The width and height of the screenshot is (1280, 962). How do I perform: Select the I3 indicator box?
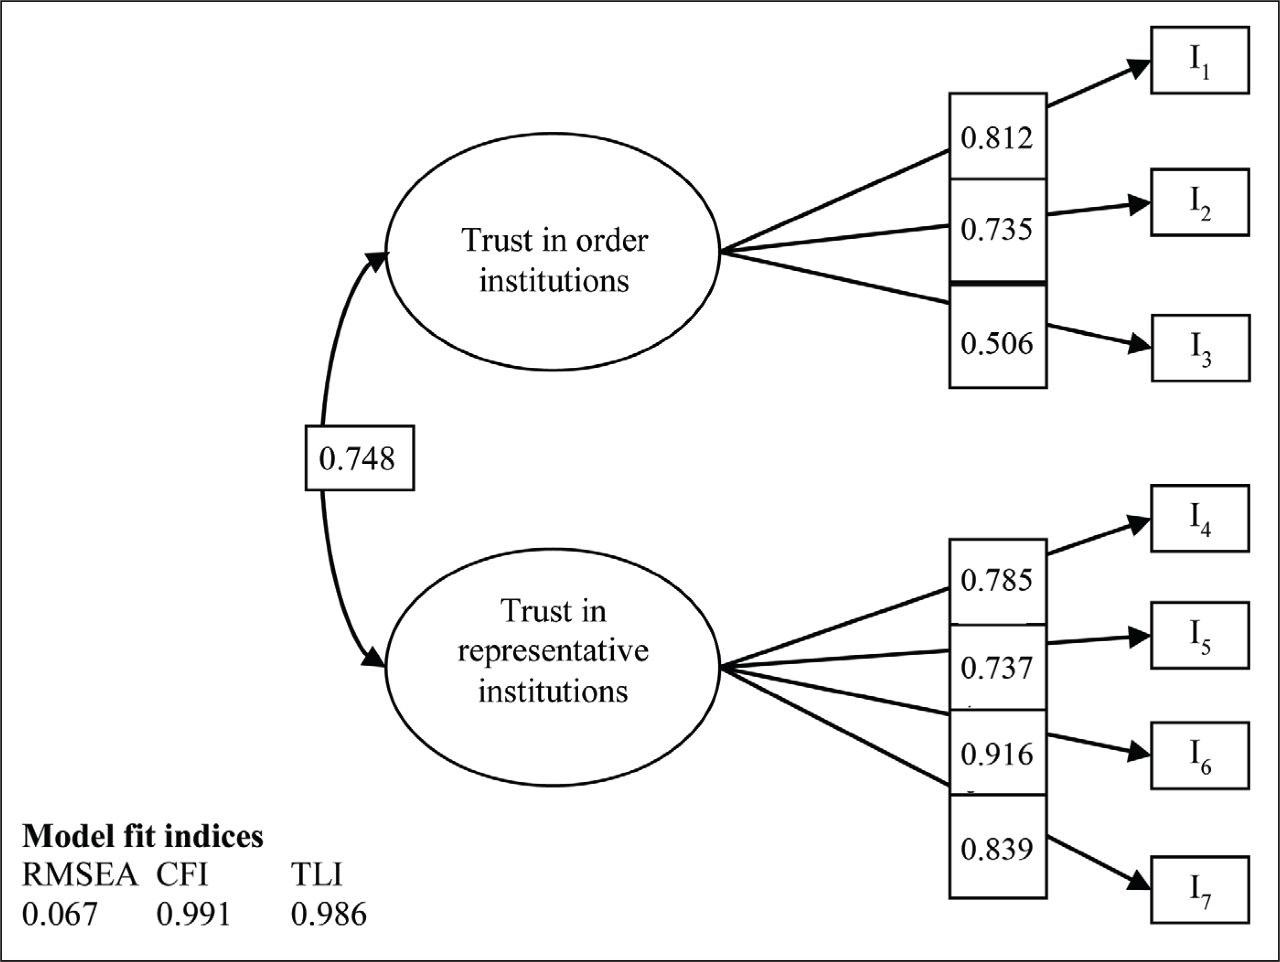tap(1201, 348)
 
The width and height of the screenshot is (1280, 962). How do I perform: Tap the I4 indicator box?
tap(1199, 519)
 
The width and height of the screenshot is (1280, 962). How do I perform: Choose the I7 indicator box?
tap(1199, 890)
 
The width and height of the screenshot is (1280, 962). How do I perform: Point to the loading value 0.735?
tap(996, 229)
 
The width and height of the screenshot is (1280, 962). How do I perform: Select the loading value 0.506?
tap(996, 344)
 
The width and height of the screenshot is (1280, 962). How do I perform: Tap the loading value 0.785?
tap(996, 580)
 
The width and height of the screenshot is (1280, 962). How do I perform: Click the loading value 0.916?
tap(996, 754)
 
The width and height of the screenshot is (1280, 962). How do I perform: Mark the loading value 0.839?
tap(996, 849)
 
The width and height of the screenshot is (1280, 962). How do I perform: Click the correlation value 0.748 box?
tap(360, 458)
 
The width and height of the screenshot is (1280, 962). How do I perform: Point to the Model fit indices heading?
tap(142, 836)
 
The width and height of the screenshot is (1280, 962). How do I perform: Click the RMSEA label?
tap(80, 875)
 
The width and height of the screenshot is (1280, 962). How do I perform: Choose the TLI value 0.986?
tap(328, 914)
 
